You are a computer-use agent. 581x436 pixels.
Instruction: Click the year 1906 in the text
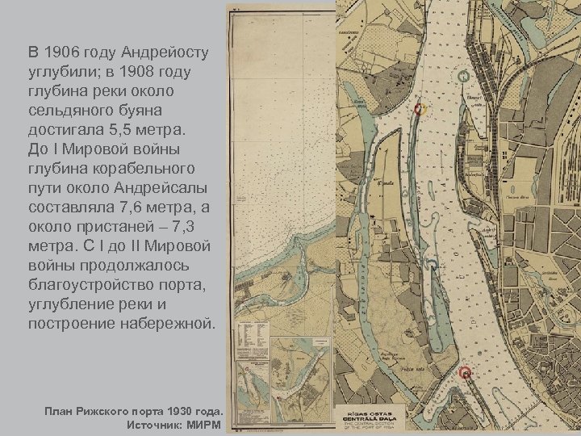[x=62, y=54]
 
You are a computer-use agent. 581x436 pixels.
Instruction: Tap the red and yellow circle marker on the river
[x=418, y=109]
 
